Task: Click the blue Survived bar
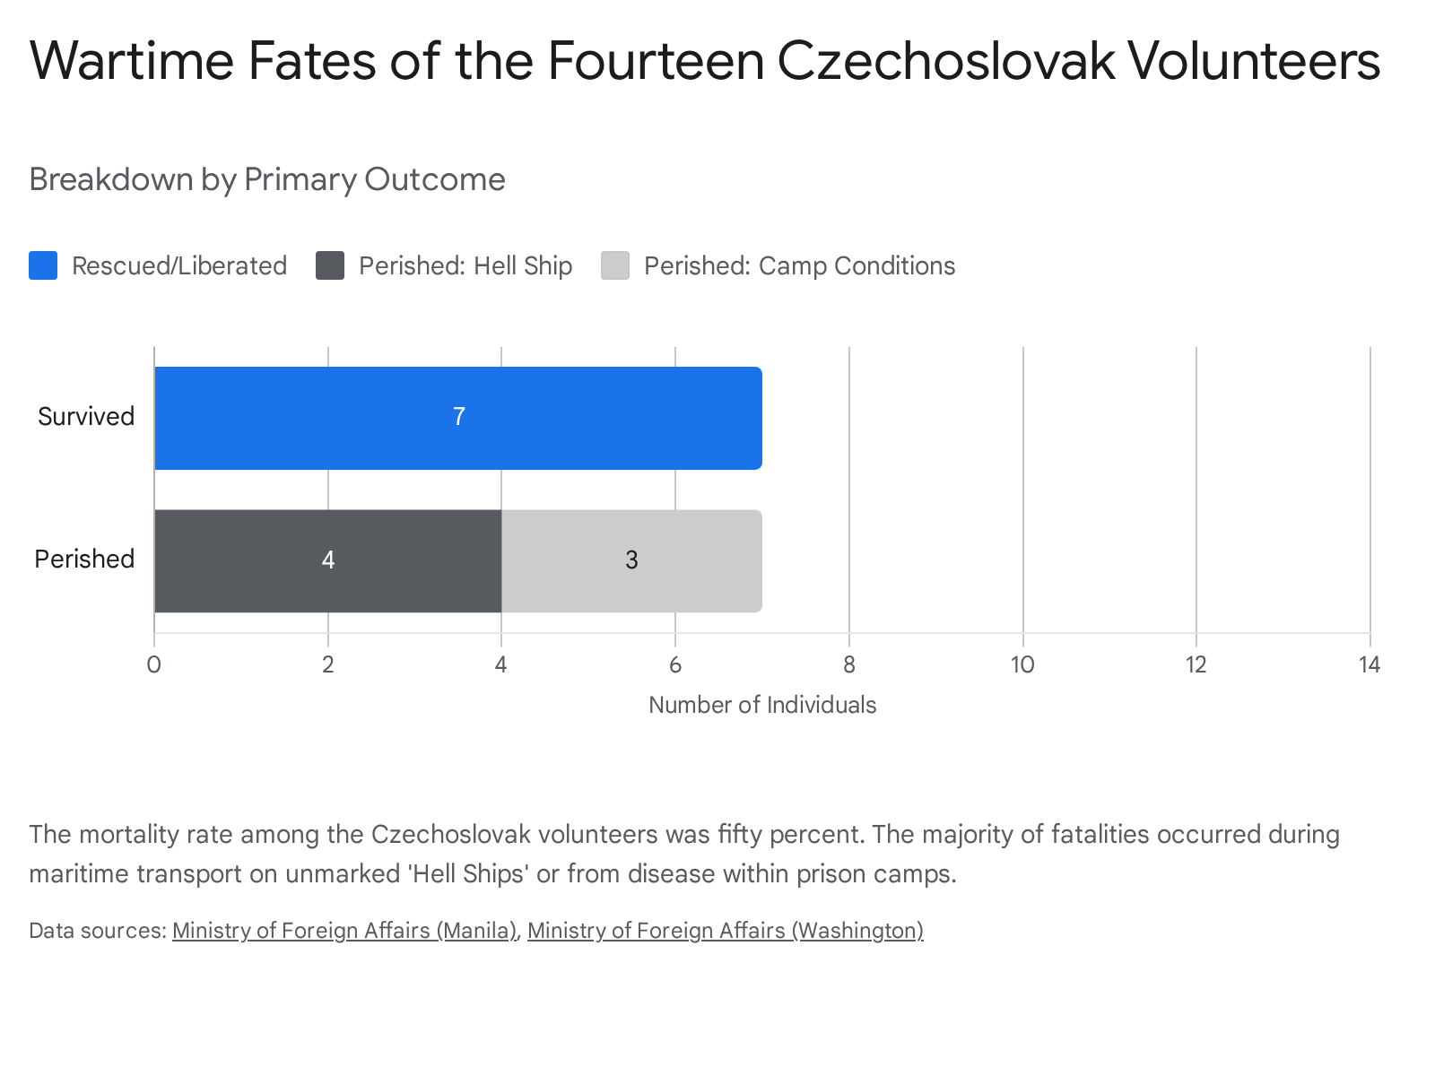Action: (x=458, y=418)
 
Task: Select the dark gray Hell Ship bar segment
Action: (x=328, y=561)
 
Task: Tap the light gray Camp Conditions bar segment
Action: (x=631, y=561)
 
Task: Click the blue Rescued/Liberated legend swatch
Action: (x=43, y=265)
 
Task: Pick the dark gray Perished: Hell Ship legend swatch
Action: (x=330, y=265)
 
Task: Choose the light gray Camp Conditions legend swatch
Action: (x=615, y=265)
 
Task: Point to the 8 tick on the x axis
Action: (x=849, y=665)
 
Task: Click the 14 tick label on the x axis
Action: (x=1369, y=665)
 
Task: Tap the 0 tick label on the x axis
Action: (x=154, y=665)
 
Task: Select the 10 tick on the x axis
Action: (x=1022, y=665)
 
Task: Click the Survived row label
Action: (x=86, y=416)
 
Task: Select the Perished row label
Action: (x=84, y=560)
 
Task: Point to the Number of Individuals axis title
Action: (x=762, y=705)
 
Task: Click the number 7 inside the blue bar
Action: (x=459, y=417)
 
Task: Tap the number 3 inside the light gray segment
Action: (x=631, y=560)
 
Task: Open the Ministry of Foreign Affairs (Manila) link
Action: (x=344, y=931)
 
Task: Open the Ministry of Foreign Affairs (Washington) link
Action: (x=726, y=931)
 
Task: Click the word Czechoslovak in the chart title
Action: (x=946, y=61)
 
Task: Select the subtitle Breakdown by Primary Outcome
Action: (x=267, y=179)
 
